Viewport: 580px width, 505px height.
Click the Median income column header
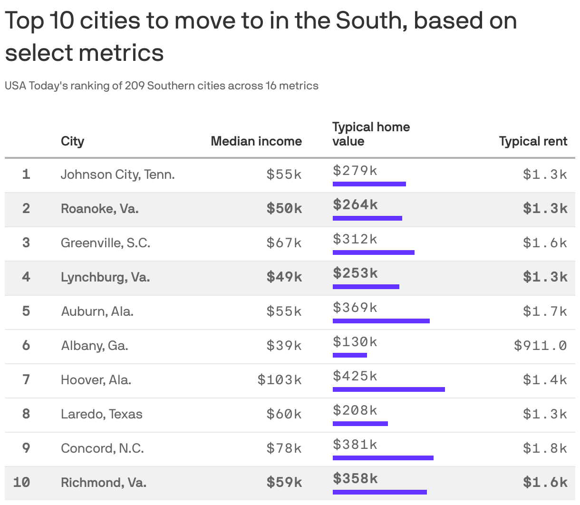(256, 141)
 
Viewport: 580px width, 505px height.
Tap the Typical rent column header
(532, 141)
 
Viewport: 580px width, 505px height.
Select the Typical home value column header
(370, 134)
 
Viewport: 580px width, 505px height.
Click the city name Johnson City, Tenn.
(117, 175)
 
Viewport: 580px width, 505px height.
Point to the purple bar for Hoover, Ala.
(388, 389)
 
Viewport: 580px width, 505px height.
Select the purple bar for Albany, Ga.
(349, 355)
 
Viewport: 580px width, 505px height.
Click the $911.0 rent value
(540, 345)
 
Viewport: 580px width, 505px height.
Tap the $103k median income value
(279, 379)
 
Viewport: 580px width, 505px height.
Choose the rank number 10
(22, 482)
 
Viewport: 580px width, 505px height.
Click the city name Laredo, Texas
(101, 414)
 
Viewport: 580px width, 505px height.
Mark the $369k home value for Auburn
(355, 308)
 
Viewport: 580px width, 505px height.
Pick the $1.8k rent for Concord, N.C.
(545, 448)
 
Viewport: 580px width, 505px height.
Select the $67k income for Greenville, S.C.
(284, 243)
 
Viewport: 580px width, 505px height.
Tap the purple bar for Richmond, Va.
(379, 492)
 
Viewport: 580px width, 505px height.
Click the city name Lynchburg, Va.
(105, 277)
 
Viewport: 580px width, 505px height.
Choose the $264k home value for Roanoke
(355, 204)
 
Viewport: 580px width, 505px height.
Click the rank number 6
(26, 345)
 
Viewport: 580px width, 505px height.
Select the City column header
(72, 141)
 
